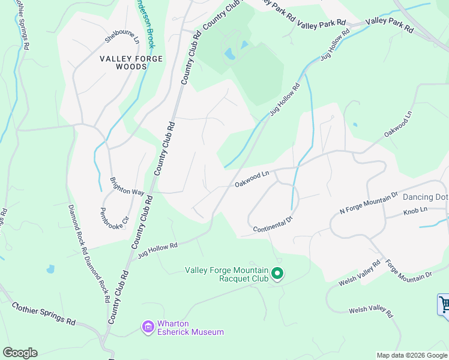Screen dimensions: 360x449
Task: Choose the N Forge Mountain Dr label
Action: point(369,202)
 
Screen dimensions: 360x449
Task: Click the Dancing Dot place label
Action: point(425,197)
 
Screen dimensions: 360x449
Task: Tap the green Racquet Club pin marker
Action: point(277,274)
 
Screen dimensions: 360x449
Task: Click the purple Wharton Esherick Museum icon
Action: point(148,327)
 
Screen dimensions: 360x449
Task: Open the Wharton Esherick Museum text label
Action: point(190,328)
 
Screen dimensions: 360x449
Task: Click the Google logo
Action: point(20,353)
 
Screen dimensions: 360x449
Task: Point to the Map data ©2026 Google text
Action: point(411,355)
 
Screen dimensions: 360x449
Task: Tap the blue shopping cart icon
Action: point(444,304)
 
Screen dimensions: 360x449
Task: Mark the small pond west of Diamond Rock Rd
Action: point(50,269)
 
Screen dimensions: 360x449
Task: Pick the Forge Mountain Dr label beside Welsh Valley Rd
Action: point(408,269)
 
